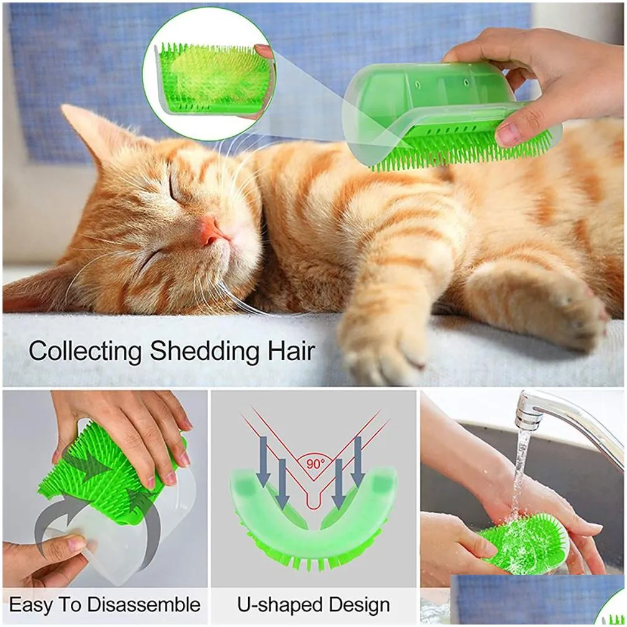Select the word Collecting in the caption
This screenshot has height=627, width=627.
click(85, 351)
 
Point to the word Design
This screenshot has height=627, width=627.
click(359, 605)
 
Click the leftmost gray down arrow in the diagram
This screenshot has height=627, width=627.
click(263, 461)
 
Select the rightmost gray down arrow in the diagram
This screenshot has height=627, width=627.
click(359, 461)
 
